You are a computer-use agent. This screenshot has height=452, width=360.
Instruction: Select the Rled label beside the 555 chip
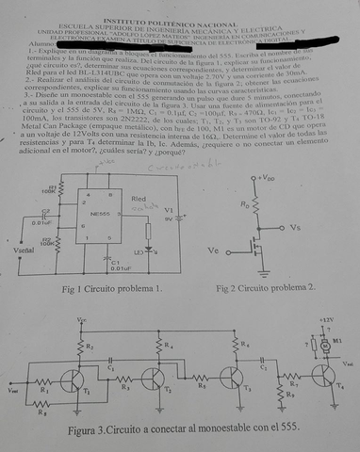click(139, 201)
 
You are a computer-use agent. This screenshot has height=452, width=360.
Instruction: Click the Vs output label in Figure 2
click(295, 228)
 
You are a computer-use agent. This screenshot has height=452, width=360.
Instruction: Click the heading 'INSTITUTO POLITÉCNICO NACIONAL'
click(180, 6)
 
